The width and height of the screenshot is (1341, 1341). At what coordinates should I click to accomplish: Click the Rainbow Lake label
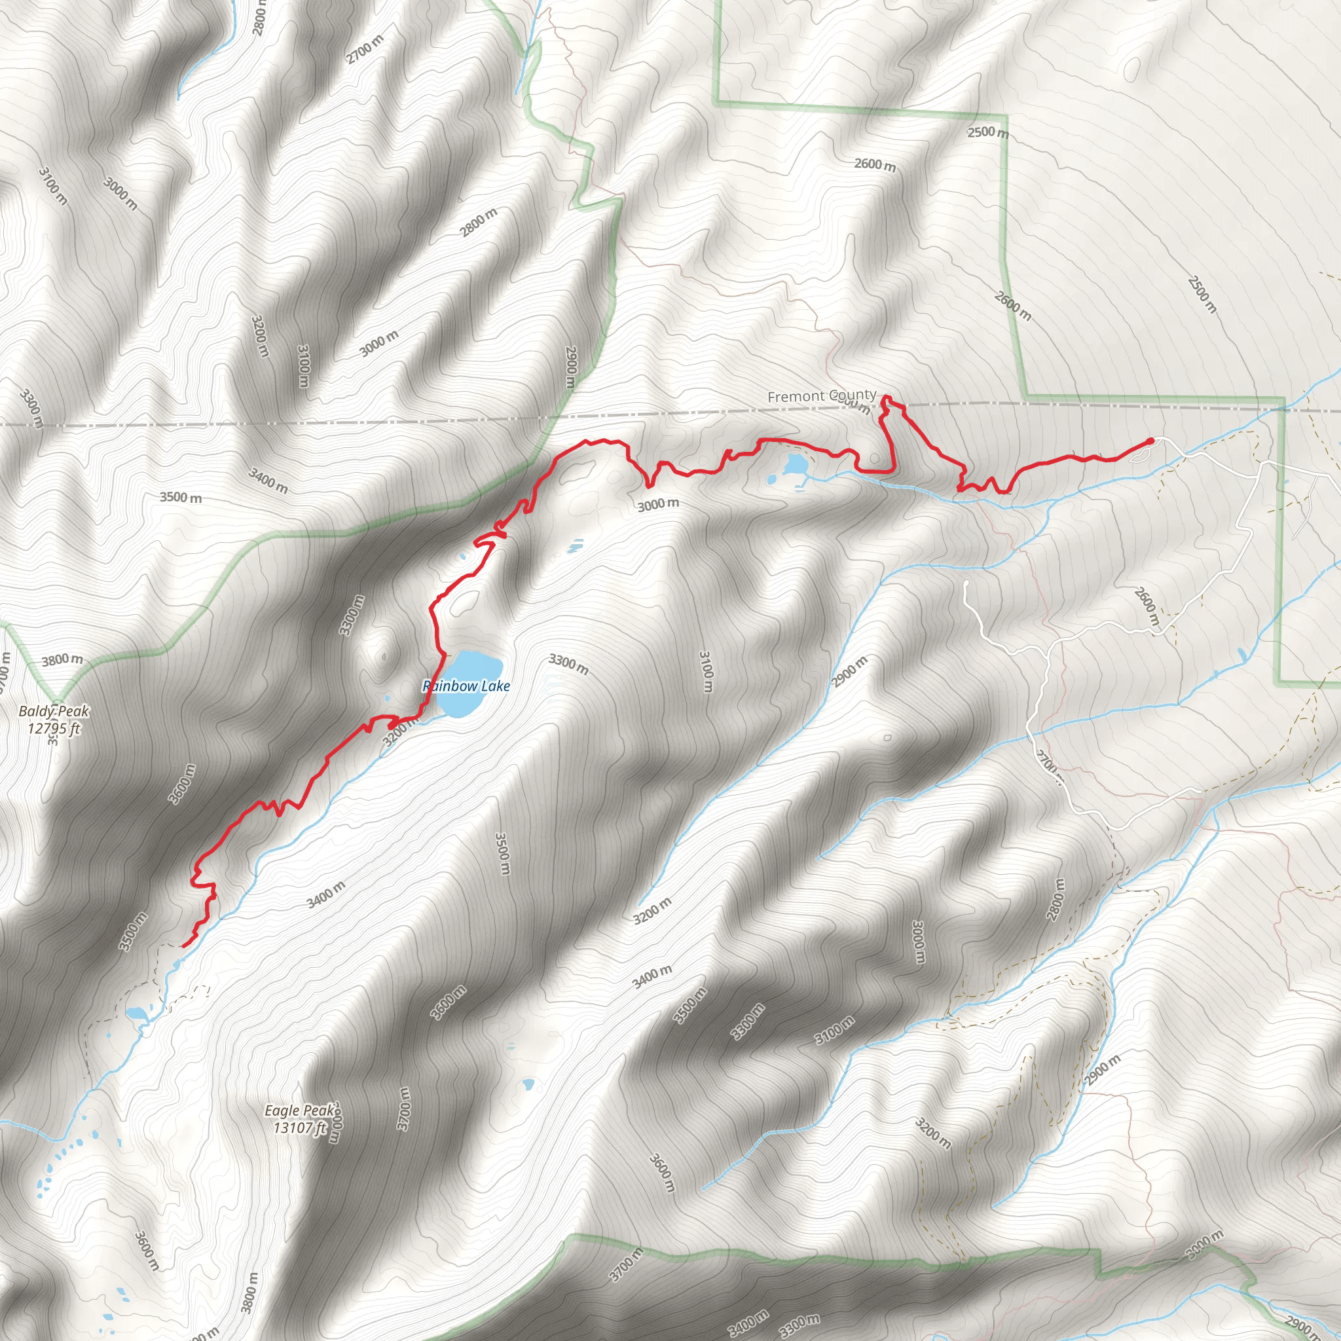click(466, 686)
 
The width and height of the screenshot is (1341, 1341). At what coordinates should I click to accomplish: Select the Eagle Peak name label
click(299, 1111)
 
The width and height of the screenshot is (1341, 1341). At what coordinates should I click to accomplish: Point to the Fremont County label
click(821, 395)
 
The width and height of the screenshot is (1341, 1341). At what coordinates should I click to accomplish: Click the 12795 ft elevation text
click(54, 728)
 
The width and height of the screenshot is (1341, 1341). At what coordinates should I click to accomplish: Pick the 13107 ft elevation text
click(299, 1128)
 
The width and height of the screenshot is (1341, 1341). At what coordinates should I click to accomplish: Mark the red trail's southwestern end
click(183, 946)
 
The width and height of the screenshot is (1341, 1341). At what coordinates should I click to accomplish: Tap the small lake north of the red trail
click(795, 463)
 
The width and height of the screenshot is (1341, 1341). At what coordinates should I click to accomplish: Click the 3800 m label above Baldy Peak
click(62, 659)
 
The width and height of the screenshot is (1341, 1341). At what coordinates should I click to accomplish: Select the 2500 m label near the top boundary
click(987, 132)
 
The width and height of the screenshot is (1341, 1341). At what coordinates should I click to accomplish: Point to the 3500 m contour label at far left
click(181, 497)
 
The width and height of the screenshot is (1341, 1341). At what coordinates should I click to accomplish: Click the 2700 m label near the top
click(365, 49)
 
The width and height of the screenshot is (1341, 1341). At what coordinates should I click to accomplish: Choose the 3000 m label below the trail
click(658, 505)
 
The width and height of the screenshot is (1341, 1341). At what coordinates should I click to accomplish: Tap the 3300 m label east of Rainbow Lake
click(568, 664)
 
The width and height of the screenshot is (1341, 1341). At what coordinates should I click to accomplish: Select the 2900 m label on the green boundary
click(570, 367)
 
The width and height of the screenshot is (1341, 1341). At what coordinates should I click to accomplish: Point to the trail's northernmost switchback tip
click(887, 397)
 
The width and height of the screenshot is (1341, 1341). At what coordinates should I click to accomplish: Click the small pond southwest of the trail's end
click(137, 1013)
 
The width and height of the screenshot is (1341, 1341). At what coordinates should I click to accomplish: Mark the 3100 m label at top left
click(53, 186)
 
